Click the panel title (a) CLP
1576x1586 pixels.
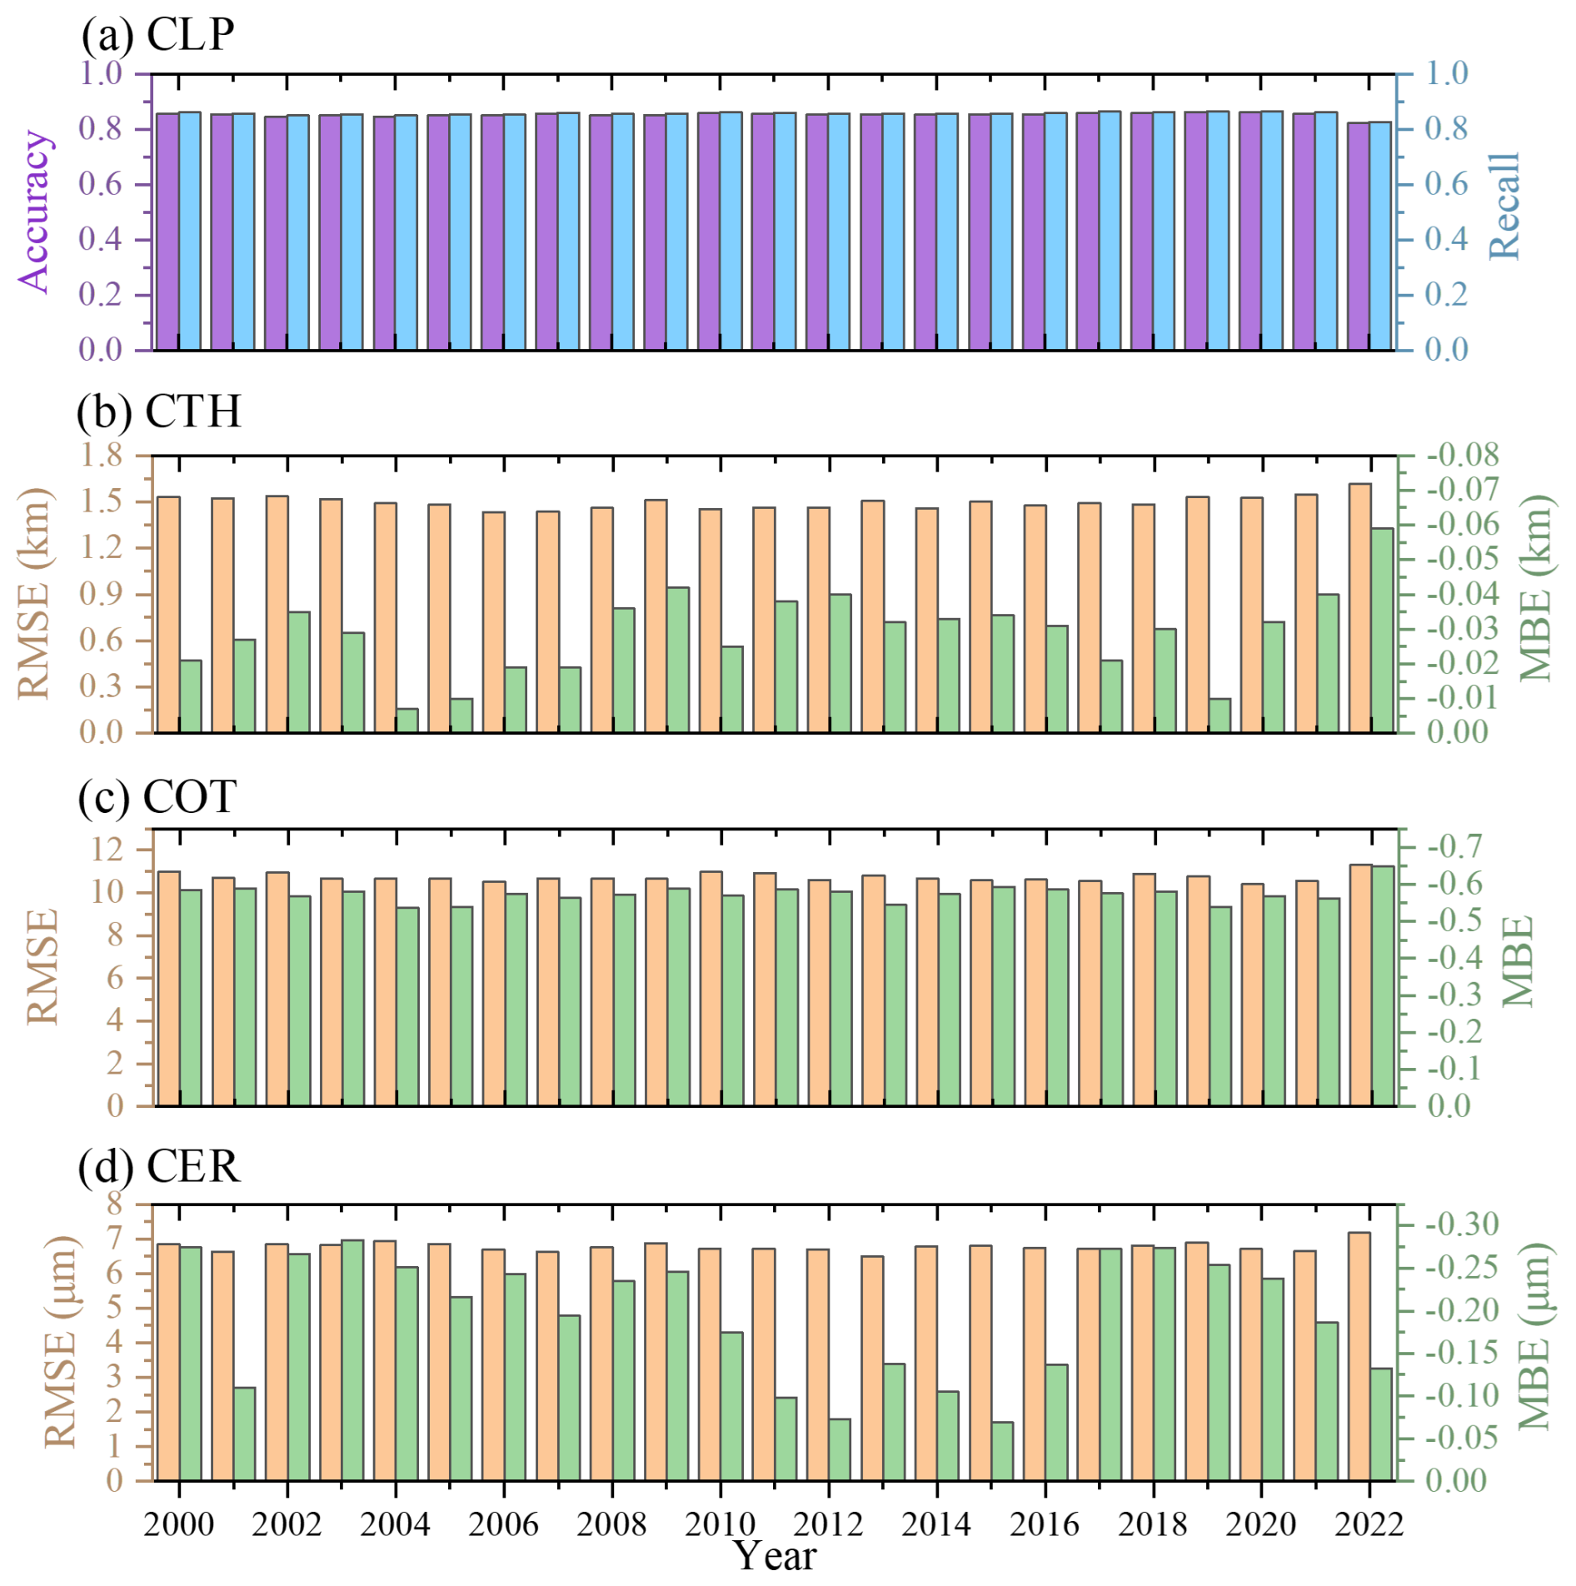157,35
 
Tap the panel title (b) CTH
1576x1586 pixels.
158,411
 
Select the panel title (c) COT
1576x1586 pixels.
157,796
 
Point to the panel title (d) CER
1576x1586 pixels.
158,1166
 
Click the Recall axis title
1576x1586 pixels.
1504,206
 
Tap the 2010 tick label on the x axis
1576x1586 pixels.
720,1524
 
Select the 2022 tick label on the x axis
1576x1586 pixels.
1369,1524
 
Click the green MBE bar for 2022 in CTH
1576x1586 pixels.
1382,631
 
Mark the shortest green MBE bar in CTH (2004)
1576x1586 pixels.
407,721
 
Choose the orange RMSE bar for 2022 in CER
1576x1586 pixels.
1359,1356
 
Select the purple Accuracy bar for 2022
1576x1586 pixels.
1359,237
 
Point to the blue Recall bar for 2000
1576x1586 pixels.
190,231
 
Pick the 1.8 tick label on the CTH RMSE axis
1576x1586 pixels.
101,456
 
